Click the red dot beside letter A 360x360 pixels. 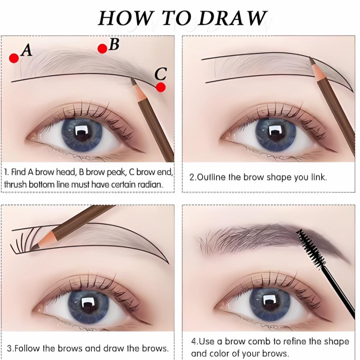click(x=14, y=58)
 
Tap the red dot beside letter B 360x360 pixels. click(x=102, y=49)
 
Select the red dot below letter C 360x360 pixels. click(x=161, y=87)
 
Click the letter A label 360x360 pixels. click(x=26, y=50)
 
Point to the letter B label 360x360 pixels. click(x=114, y=44)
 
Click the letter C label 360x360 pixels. click(x=161, y=74)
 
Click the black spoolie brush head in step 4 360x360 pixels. click(x=311, y=248)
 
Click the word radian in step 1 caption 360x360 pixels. click(x=150, y=184)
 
